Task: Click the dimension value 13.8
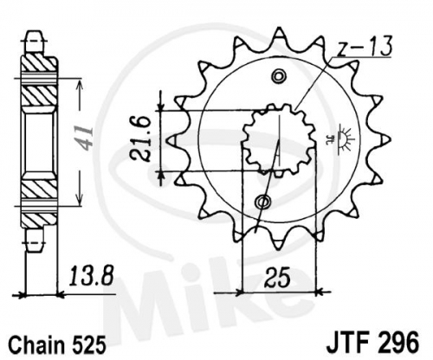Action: click(89, 276)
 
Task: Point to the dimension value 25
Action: click(278, 278)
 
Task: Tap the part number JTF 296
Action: click(372, 342)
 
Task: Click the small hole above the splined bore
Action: click(279, 76)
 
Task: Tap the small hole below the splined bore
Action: click(263, 201)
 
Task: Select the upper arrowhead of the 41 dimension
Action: click(79, 84)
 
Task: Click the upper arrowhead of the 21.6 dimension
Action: click(161, 106)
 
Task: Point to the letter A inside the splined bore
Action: click(277, 149)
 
